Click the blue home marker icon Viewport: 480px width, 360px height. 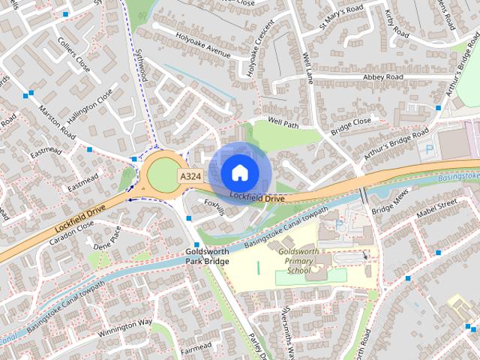pos(238,172)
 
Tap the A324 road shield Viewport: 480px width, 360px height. pos(189,175)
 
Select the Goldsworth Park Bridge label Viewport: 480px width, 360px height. pos(208,256)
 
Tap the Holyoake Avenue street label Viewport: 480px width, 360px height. pos(202,53)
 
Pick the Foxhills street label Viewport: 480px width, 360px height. pos(213,206)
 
